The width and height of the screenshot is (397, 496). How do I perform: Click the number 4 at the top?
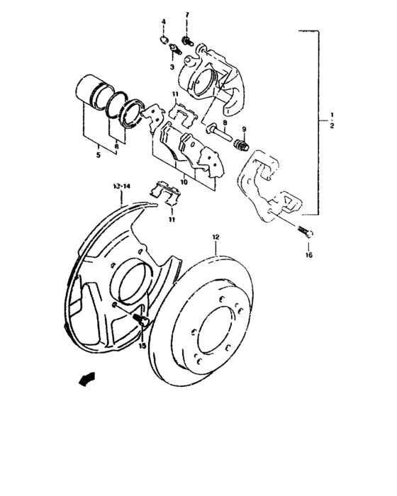pos(163,23)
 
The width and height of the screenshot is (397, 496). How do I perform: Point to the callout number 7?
pos(187,15)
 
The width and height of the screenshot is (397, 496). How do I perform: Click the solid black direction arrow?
pos(86,381)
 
